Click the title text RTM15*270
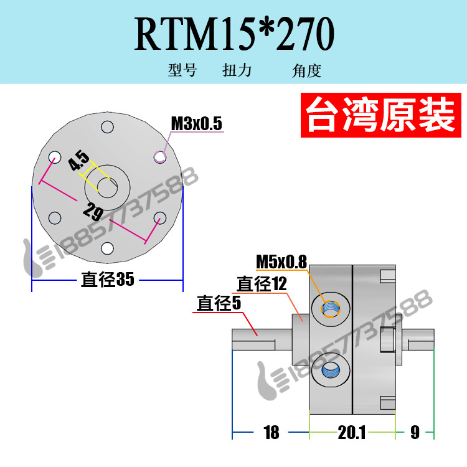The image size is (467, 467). [x=234, y=34]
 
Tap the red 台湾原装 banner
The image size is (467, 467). [x=380, y=115]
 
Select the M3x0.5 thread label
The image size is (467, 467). [x=197, y=123]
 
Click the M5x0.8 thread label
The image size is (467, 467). [x=281, y=262]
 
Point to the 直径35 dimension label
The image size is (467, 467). [x=108, y=280]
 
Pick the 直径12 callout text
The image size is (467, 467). [x=262, y=283]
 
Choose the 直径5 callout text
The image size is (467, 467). [x=219, y=303]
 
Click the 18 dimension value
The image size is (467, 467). [x=271, y=433]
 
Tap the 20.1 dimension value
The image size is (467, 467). [x=351, y=433]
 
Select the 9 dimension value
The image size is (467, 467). [x=415, y=433]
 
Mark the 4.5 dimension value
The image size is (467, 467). [x=78, y=161]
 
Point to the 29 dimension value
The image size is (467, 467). [x=93, y=211]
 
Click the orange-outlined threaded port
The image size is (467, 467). [x=331, y=309]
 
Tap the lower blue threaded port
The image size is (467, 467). [x=331, y=370]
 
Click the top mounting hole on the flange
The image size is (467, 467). [x=107, y=126]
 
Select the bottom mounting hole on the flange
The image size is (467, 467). [x=107, y=248]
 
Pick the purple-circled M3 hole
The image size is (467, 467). [x=160, y=157]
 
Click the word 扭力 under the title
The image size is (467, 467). [x=237, y=70]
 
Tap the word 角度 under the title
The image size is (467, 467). [x=307, y=70]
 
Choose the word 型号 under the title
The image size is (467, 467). [x=182, y=70]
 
